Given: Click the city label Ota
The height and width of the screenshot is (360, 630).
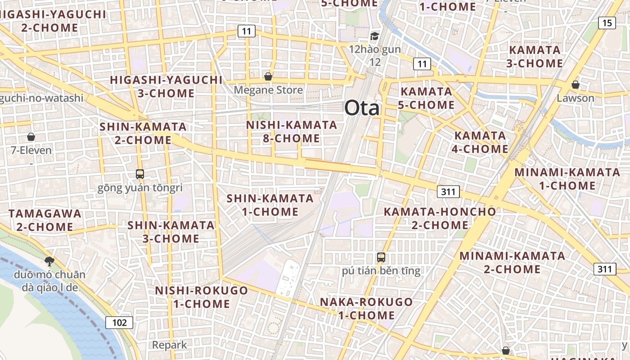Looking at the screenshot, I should pyautogui.click(x=362, y=108).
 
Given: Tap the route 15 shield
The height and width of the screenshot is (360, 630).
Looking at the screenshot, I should pyautogui.click(x=607, y=23).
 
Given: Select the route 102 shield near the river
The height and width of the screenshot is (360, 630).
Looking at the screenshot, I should pyautogui.click(x=120, y=322).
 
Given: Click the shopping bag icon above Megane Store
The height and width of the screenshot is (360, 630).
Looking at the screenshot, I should pyautogui.click(x=268, y=76).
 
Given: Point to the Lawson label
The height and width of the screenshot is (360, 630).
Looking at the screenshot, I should pyautogui.click(x=576, y=98).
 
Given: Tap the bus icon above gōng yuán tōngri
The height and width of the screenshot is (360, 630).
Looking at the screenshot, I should pyautogui.click(x=140, y=174).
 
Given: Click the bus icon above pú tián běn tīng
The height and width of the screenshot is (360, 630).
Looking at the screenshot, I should pyautogui.click(x=381, y=257).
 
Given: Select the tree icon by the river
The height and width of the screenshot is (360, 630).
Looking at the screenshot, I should pyautogui.click(x=49, y=261).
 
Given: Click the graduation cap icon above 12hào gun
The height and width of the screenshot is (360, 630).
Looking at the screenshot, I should pyautogui.click(x=374, y=36).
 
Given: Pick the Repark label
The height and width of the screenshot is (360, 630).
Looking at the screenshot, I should pyautogui.click(x=169, y=345).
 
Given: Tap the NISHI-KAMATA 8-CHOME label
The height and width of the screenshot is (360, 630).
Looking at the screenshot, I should pyautogui.click(x=292, y=131).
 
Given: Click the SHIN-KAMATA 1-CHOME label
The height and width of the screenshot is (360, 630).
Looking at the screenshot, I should pyautogui.click(x=270, y=205).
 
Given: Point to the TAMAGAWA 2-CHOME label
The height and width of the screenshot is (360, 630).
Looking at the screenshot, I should pyautogui.click(x=45, y=220).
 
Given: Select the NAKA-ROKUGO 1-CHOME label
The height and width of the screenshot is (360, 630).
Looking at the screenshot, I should pyautogui.click(x=366, y=308).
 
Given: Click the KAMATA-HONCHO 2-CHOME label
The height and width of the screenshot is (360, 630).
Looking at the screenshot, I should pyautogui.click(x=440, y=218).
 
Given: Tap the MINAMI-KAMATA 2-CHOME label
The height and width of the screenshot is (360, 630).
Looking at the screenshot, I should pyautogui.click(x=512, y=262).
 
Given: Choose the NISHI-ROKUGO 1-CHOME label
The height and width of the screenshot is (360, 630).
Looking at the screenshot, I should pyautogui.click(x=202, y=297).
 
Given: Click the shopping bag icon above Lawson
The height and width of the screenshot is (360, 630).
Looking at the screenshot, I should pyautogui.click(x=575, y=85).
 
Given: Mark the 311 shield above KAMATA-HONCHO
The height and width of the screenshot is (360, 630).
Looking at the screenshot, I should pyautogui.click(x=448, y=192).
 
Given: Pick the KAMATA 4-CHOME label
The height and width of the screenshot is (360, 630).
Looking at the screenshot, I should pyautogui.click(x=480, y=142).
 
